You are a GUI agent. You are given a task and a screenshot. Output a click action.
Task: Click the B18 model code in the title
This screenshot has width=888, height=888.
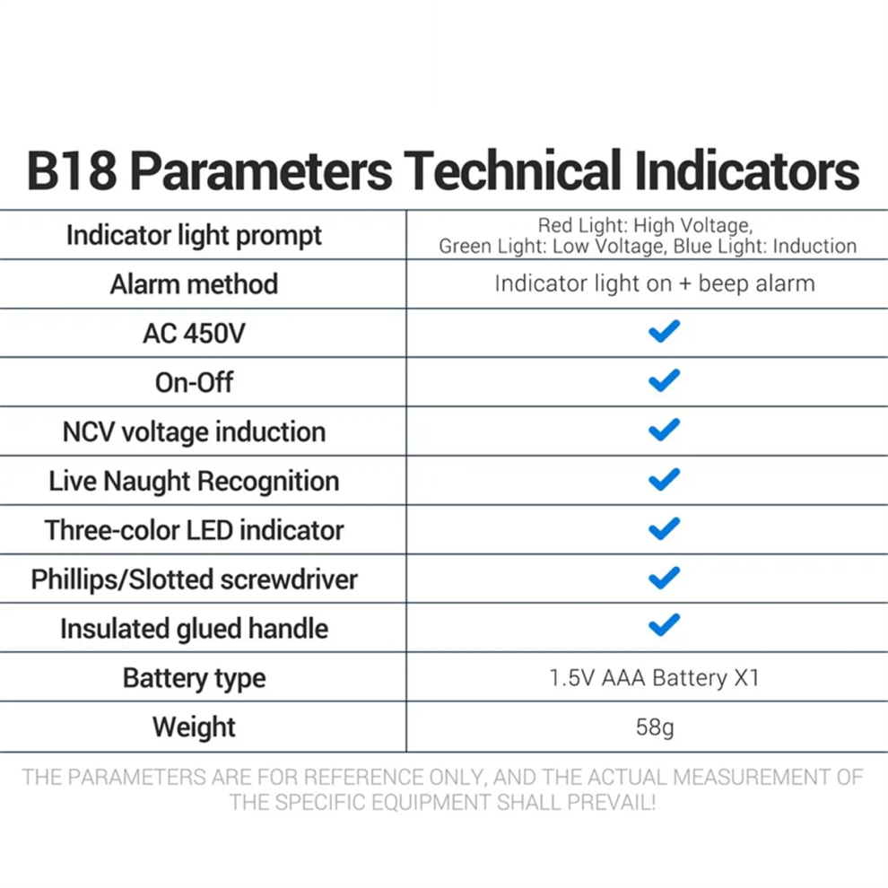coord(72,170)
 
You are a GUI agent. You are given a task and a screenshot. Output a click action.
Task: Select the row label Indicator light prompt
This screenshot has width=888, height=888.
coord(194,236)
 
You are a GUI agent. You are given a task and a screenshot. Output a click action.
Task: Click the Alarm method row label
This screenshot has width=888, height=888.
coord(194,283)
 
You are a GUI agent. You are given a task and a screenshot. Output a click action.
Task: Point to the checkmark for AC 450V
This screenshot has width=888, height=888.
coord(664,331)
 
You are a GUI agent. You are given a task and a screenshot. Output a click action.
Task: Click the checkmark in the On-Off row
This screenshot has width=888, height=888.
coord(664,380)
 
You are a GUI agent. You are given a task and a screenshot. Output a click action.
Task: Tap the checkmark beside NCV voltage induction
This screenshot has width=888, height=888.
coord(664,430)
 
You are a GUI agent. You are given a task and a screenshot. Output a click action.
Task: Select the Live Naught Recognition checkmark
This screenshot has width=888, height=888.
coord(664,479)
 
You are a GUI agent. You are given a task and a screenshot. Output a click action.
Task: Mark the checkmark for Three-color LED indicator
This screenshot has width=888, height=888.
coord(664,528)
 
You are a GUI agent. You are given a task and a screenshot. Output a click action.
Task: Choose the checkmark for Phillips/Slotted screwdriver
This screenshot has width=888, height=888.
coord(664,578)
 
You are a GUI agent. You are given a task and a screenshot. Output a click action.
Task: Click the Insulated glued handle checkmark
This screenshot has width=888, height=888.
coord(664,625)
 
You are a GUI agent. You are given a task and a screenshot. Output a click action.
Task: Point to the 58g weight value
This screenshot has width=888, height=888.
coord(655,727)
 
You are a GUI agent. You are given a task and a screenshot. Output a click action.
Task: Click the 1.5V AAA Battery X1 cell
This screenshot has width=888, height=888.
coord(654,678)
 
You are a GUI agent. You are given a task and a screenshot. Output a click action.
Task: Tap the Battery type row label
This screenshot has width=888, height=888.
coord(194,678)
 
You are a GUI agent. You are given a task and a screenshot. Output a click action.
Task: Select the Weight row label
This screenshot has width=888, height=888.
coord(194,727)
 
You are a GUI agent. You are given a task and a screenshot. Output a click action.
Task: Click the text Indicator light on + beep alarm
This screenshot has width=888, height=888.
coord(655,283)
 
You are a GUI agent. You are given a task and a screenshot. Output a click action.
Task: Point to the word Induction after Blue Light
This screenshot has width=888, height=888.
coord(814,247)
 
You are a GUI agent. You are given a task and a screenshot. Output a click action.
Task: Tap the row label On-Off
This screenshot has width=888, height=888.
coord(194,383)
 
